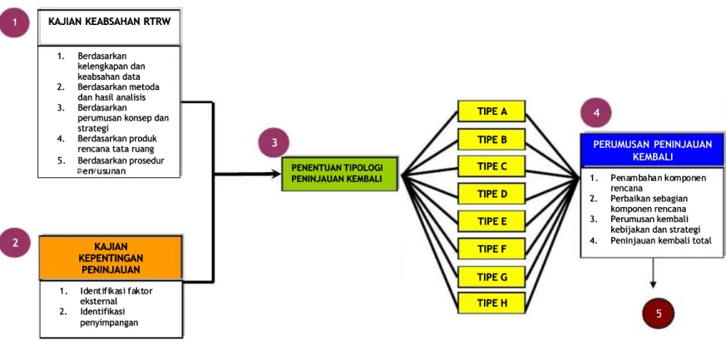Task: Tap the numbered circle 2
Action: tap(15, 244)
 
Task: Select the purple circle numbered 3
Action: tap(274, 142)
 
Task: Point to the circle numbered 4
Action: tap(596, 113)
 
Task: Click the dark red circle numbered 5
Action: tap(658, 313)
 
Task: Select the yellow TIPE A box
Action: tap(491, 111)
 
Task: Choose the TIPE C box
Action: tap(491, 166)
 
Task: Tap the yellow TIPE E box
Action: tap(491, 221)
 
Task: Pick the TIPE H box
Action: tap(491, 303)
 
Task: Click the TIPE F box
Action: tap(491, 249)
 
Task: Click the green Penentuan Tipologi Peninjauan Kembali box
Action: tap(339, 174)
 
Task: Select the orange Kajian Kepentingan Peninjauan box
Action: tap(111, 258)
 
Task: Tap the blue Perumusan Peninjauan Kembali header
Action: tap(652, 150)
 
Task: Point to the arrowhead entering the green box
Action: tap(276, 174)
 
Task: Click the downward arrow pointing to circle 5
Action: tap(654, 273)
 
